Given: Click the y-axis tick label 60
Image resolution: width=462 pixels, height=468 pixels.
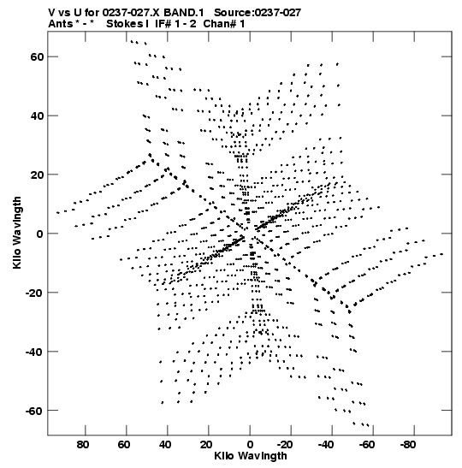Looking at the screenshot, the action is click(x=37, y=56).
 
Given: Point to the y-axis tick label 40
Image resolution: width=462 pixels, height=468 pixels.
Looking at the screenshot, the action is click(x=37, y=116).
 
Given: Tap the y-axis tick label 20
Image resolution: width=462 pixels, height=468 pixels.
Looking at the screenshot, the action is click(x=37, y=175).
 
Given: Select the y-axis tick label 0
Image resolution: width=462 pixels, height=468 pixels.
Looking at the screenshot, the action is click(x=40, y=234).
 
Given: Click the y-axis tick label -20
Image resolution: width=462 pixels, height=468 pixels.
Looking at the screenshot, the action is click(x=35, y=293).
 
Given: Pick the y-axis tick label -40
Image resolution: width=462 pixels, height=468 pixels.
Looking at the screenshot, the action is click(x=35, y=352).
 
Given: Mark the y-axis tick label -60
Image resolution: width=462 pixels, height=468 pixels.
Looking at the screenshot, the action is click(x=35, y=411).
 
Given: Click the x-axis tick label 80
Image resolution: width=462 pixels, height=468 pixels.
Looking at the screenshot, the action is click(x=83, y=445).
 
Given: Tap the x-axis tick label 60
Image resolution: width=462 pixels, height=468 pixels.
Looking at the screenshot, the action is click(x=124, y=445).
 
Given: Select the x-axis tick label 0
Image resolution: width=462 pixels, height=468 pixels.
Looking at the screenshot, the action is click(x=250, y=445).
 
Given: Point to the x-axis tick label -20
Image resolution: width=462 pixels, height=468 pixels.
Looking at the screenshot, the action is click(x=285, y=445).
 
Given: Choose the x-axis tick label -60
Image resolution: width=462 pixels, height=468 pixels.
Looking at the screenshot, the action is click(x=367, y=445).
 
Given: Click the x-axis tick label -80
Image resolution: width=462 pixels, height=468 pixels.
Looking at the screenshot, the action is click(x=408, y=445).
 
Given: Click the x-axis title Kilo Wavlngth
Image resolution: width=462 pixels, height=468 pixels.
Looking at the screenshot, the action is click(x=251, y=456).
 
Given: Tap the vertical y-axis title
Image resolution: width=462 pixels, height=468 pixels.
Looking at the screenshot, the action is click(x=17, y=233).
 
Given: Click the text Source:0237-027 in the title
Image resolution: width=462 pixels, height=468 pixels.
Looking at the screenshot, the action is click(x=258, y=13).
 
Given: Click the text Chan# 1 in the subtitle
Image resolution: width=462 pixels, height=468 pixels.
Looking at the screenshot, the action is click(x=224, y=24).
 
